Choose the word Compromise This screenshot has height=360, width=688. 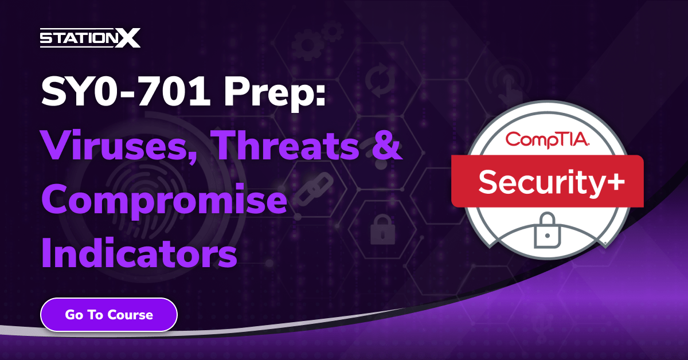pyautogui.click(x=163, y=202)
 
